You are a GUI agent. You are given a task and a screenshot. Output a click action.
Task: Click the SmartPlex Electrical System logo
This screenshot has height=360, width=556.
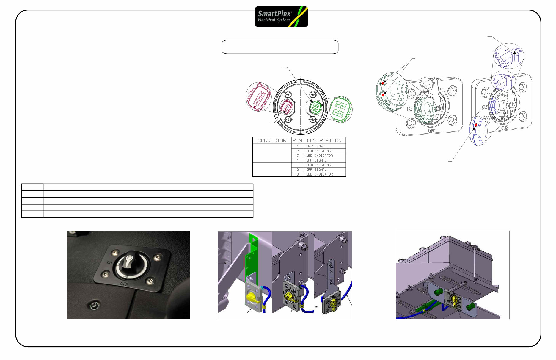click(x=281, y=17)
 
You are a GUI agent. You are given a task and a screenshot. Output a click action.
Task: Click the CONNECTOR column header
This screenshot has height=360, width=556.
click(x=272, y=140)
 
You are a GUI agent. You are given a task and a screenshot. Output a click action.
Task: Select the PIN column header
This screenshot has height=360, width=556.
click(x=297, y=140)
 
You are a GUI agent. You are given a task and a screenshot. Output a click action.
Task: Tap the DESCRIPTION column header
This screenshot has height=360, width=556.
click(x=324, y=140)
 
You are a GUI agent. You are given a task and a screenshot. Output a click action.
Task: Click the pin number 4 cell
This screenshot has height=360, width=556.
click(x=297, y=160)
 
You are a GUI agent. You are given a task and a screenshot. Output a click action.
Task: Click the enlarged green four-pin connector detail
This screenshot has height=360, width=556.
click(x=341, y=109)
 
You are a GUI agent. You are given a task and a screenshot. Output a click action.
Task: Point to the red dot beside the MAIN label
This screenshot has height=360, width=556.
click(x=383, y=83)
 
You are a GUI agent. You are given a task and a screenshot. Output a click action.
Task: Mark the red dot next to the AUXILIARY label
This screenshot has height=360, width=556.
click(x=383, y=95)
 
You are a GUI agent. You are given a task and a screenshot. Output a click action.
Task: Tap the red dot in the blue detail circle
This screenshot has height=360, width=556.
click(x=476, y=125)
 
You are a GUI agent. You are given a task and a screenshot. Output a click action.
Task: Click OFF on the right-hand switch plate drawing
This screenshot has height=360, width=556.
click(x=504, y=128)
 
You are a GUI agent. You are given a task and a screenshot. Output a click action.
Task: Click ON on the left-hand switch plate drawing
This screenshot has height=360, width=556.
click(x=409, y=109)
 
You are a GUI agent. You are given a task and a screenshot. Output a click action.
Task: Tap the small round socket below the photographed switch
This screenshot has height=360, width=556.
click(x=94, y=306)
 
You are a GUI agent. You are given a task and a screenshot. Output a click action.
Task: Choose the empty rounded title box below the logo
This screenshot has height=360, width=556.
click(x=280, y=47)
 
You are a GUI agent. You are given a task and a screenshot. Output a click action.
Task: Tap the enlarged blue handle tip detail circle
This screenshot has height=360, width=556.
click(x=508, y=57)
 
